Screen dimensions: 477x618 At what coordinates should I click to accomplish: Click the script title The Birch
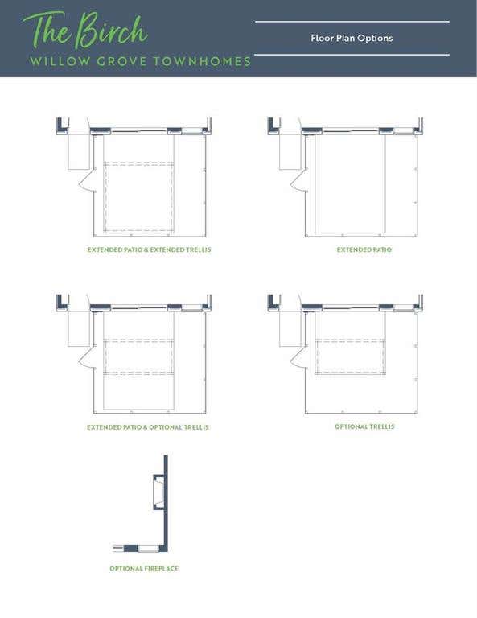tap(84, 31)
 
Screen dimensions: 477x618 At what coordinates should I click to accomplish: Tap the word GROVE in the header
tap(121, 61)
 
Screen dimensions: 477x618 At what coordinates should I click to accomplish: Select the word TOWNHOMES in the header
tap(202, 61)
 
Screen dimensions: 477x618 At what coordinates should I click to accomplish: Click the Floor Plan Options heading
tap(352, 39)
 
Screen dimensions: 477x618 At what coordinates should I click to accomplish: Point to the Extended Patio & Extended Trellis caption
tap(150, 250)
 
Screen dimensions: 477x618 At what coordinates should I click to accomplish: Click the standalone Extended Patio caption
tap(364, 250)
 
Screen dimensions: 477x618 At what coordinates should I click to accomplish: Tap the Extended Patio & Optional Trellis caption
tap(148, 427)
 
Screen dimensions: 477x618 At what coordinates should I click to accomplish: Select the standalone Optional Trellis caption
tap(364, 426)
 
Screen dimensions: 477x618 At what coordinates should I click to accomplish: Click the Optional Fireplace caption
tap(144, 569)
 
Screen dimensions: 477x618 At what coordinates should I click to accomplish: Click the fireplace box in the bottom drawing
tap(158, 492)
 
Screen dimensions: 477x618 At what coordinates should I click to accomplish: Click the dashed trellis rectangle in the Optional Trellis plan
tap(350, 340)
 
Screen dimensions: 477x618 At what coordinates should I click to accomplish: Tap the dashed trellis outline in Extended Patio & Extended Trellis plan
tap(138, 163)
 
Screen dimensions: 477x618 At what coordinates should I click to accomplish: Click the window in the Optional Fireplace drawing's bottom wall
tap(149, 548)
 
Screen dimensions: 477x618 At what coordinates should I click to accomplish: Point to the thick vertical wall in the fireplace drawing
tap(166, 502)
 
